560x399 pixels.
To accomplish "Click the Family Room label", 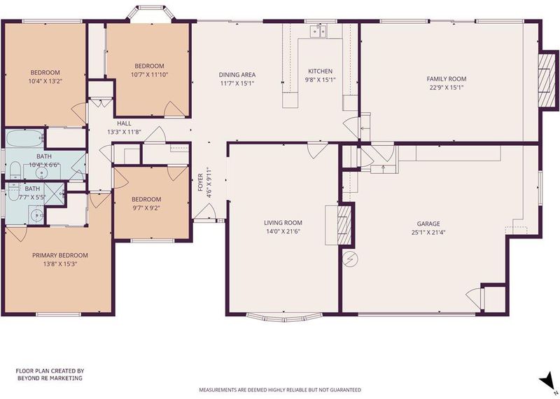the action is point(447,79).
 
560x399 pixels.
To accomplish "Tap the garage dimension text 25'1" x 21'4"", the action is point(428,232).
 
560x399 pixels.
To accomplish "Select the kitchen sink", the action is point(318,31).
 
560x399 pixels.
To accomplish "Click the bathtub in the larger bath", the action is point(25,138).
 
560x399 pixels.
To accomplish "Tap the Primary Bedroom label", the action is point(60,255).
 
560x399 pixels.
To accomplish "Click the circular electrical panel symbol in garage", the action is point(350,258).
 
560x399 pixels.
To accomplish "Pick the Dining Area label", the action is point(237,75).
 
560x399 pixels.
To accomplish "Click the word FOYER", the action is point(200,182).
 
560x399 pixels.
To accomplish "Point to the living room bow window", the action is point(285,317).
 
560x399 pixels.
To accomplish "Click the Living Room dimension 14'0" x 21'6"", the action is point(283,231).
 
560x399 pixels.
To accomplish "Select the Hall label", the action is point(124,123).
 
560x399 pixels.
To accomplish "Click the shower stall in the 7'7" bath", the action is point(55,194).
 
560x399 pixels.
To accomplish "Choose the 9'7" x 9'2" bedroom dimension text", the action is point(146,208).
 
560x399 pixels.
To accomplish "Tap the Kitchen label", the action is point(321,72).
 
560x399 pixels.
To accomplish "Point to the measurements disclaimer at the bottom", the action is point(280,390).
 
